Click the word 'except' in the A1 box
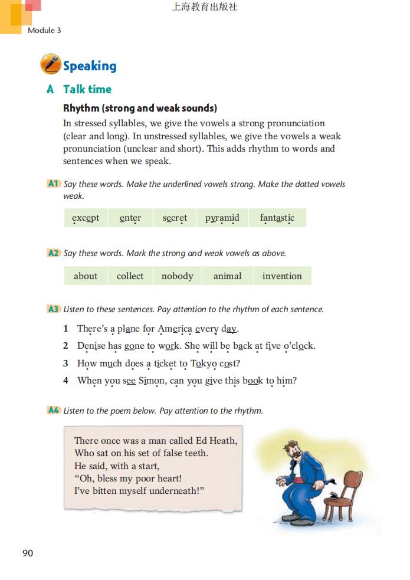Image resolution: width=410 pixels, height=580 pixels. point(86,218)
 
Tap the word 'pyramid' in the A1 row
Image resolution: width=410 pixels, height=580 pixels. point(222,218)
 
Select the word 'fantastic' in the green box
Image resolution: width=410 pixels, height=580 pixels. point(277,218)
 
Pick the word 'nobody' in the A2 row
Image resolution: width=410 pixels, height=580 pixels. point(177,276)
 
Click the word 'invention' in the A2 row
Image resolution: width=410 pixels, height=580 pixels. point(281,276)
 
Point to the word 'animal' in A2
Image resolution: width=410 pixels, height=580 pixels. point(227,276)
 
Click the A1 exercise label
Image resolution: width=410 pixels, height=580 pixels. point(53,184)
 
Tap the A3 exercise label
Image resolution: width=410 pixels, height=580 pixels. point(53,309)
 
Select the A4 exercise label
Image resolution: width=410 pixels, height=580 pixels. point(53,411)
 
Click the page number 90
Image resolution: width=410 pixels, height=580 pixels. point(28,553)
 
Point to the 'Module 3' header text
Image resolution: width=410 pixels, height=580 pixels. point(44,30)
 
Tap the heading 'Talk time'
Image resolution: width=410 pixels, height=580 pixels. point(87,90)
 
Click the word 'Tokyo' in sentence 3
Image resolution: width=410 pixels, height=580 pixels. point(204,363)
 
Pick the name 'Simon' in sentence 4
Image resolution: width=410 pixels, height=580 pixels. point(152,381)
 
